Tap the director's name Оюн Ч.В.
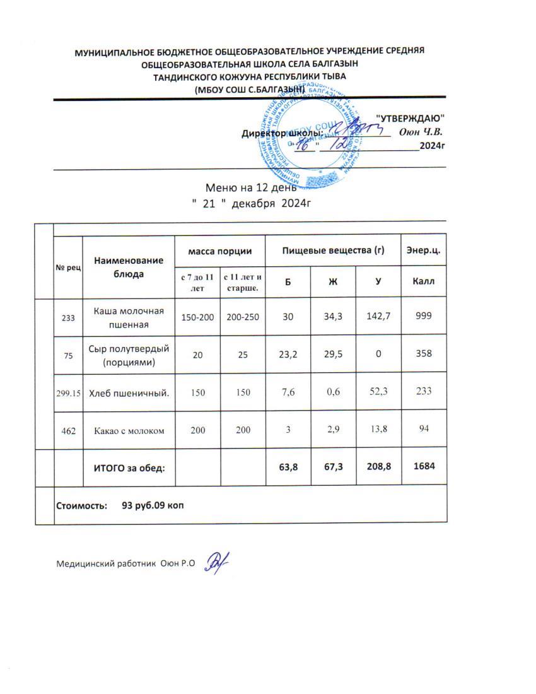coord(421,132)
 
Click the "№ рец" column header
coord(67,268)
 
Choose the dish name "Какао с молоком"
coord(130,430)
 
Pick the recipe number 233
coord(67,317)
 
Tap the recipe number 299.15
coord(67,392)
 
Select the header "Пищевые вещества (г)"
coord(333,251)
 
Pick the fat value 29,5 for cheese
coord(333,354)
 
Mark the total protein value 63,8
coord(288,467)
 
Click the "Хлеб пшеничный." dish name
coord(130,392)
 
